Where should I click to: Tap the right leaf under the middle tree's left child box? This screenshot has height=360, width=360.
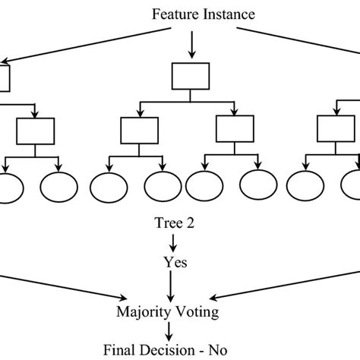click(x=163, y=185)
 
